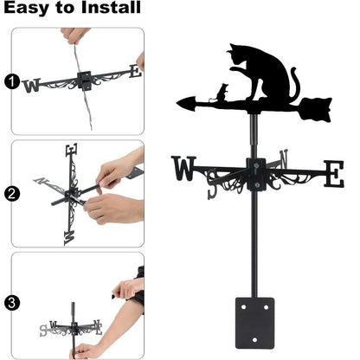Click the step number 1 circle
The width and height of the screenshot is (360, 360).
(x=10, y=83)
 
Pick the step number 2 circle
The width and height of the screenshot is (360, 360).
(x=10, y=193)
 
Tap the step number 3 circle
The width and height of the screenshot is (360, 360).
(x=10, y=303)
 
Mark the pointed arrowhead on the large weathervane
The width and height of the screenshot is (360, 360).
(x=185, y=103)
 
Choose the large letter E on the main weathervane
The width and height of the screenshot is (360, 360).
(x=332, y=173)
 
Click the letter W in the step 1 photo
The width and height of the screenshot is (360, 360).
(x=33, y=85)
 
